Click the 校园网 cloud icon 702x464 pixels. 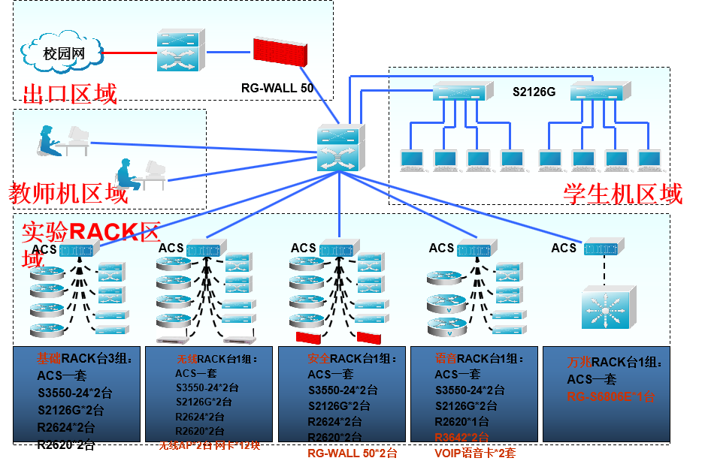tap(62, 53)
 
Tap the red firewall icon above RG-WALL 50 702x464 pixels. tap(280, 51)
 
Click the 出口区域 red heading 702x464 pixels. tap(71, 95)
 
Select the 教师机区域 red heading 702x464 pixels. tap(68, 194)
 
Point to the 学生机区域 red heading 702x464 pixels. tap(623, 194)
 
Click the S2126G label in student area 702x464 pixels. tap(534, 92)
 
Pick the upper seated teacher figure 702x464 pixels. tap(47, 141)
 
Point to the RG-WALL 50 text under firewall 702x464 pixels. tap(277, 87)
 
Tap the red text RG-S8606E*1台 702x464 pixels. tap(611, 396)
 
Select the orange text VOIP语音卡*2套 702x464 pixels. tap(475, 453)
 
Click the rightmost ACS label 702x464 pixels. tap(564, 248)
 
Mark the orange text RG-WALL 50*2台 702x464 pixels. tap(353, 453)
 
